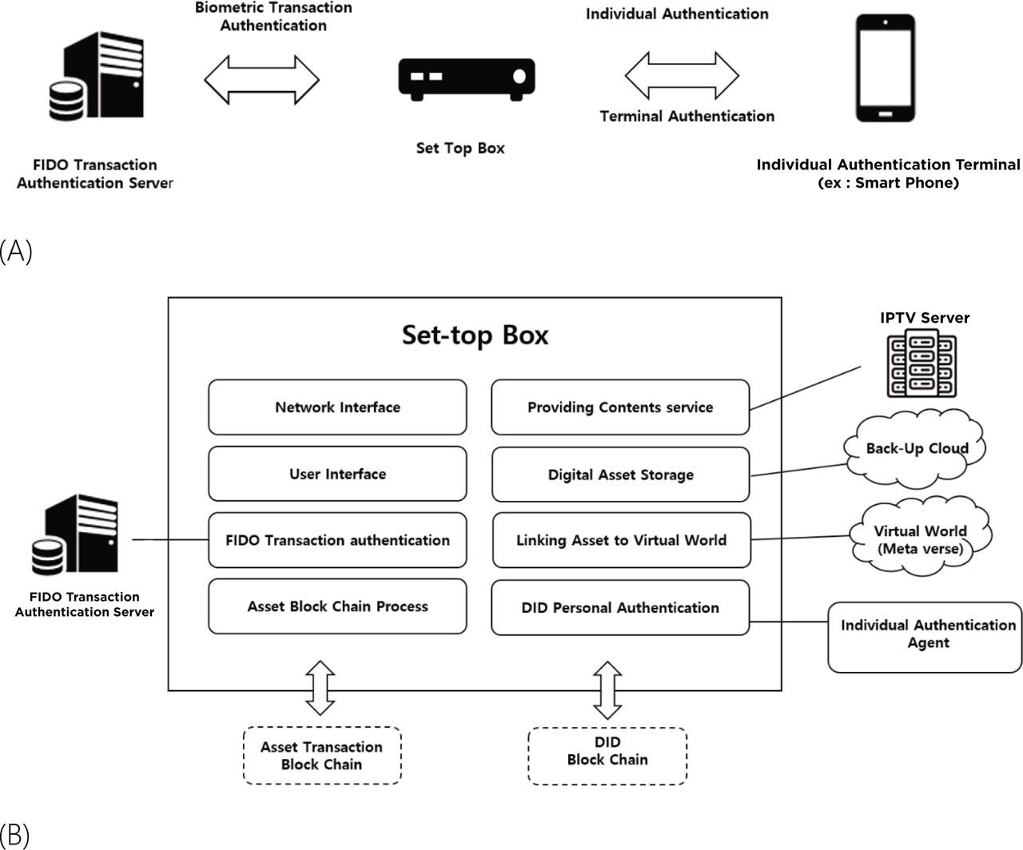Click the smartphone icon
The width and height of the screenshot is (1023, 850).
click(x=885, y=69)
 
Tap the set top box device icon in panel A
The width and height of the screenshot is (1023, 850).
click(x=467, y=78)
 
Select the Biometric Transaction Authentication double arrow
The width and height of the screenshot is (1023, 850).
click(x=261, y=80)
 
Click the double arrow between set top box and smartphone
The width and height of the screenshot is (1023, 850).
click(x=682, y=76)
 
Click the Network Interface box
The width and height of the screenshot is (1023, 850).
click(x=337, y=407)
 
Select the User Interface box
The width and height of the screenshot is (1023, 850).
click(x=337, y=474)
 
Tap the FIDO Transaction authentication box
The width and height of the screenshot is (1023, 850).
click(x=337, y=540)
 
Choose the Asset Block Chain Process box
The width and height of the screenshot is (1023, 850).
click(x=337, y=606)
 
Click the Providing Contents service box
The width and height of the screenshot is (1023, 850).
click(x=620, y=407)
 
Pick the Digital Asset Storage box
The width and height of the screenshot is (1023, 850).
click(x=620, y=475)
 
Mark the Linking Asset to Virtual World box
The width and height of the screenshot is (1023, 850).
click(x=621, y=540)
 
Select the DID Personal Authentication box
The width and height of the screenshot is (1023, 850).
click(x=620, y=608)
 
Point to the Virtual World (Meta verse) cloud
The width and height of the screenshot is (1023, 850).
click(x=920, y=539)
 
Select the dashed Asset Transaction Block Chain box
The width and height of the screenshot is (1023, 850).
click(x=321, y=756)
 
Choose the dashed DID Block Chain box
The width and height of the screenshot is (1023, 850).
click(x=607, y=756)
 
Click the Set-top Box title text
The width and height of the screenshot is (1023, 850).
click(x=475, y=334)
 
